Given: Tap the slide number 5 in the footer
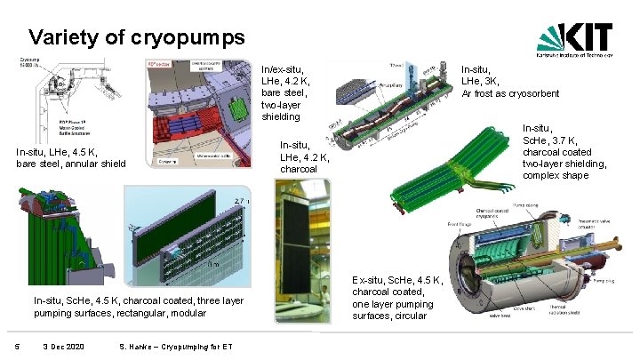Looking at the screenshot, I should pos(7,345).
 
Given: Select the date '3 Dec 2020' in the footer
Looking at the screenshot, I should pos(63,345).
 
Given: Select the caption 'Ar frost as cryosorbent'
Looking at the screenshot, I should pos(510,92).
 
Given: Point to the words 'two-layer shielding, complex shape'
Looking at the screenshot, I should pos(565,169).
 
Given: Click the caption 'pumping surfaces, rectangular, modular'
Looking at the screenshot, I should pos(119,313).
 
